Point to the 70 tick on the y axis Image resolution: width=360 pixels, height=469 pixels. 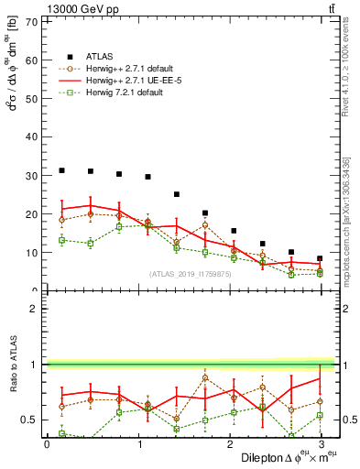click(33, 20)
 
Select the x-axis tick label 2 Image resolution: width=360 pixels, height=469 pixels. click(228, 444)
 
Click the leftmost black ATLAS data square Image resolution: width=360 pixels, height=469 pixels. click(61, 170)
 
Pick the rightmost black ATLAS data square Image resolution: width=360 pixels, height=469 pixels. click(320, 258)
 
